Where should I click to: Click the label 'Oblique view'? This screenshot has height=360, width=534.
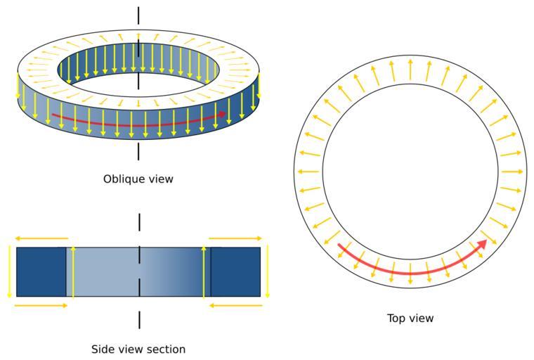click(138, 179)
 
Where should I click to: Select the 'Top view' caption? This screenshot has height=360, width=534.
click(410, 319)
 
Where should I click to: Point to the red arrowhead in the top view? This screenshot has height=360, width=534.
click(483, 244)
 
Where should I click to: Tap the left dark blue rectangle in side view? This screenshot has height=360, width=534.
click(41, 271)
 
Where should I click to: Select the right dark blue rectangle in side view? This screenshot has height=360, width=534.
click(235, 271)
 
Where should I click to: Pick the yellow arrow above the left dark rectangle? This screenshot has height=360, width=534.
click(41, 238)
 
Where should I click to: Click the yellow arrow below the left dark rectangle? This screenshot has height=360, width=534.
click(41, 305)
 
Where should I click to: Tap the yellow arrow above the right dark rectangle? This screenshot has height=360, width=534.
click(235, 238)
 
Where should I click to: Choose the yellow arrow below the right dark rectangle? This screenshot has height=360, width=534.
click(235, 305)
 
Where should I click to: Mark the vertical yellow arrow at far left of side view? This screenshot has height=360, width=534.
click(10, 271)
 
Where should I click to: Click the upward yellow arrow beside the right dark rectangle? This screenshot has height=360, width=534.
click(204, 271)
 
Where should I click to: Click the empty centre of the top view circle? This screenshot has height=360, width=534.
click(410, 172)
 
